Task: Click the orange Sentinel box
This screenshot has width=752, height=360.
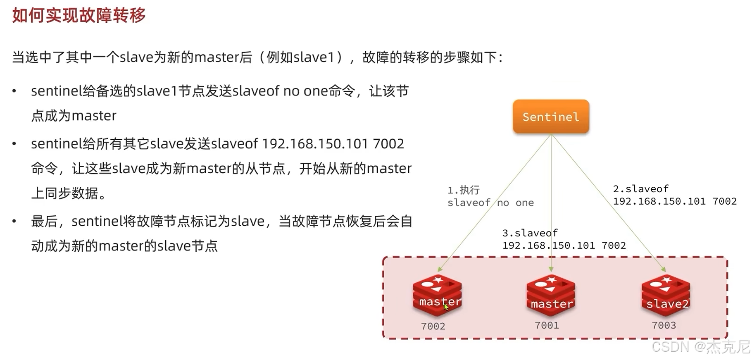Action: coord(551,117)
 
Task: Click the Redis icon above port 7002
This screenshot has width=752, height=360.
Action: coord(437,295)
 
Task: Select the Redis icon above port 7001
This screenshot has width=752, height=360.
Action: coord(551,295)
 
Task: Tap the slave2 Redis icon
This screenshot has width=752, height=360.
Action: coord(666,295)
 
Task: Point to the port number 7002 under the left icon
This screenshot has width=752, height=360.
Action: coord(433,326)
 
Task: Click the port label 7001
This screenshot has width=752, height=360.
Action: coord(547,325)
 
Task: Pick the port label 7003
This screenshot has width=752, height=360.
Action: coord(664,325)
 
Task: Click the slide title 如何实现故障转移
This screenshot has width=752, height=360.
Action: coord(79,16)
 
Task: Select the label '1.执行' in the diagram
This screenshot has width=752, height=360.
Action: coord(464,190)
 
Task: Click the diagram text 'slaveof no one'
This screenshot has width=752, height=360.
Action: coord(490,203)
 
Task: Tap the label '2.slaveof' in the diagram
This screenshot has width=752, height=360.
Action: coord(640,189)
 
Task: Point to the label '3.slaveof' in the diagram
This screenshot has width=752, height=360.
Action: coord(530,233)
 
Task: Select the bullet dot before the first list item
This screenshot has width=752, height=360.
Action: coord(14,91)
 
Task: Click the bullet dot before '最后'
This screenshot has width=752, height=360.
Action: coord(14,222)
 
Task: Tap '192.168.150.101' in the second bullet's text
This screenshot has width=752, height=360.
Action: coord(315,144)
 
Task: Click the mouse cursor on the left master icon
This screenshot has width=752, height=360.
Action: coord(446,306)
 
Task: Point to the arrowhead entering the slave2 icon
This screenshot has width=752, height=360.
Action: coord(663,269)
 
